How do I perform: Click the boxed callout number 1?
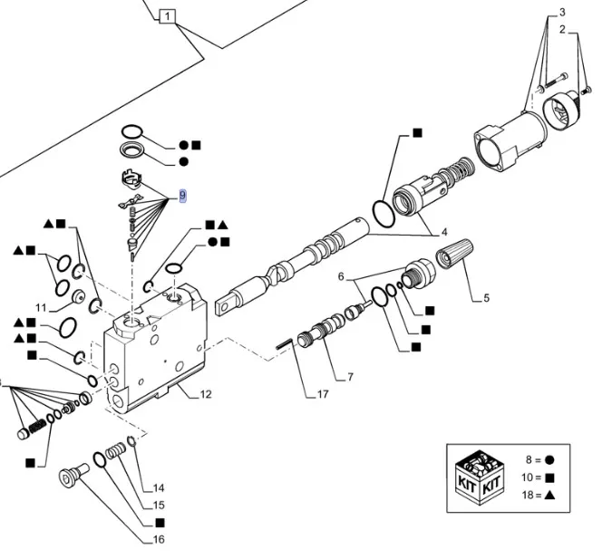click(168, 15)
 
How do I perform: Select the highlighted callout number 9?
click(183, 196)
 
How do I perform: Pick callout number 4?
click(444, 231)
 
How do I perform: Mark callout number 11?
click(41, 306)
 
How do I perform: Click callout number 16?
click(159, 540)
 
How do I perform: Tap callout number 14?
click(159, 487)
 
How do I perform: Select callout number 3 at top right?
click(561, 12)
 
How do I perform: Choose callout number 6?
click(342, 276)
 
